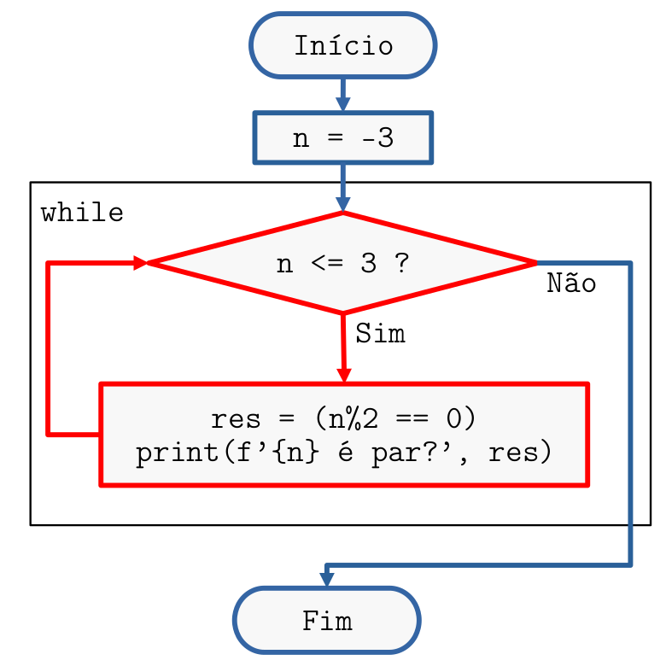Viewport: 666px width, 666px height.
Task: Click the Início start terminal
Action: [343, 45]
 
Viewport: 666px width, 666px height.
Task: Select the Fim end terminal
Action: [327, 620]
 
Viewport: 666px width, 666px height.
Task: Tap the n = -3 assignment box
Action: [343, 137]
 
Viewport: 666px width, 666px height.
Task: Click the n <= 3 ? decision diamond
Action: [343, 263]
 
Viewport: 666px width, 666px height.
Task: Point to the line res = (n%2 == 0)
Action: [343, 418]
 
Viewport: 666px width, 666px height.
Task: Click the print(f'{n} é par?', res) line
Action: [343, 452]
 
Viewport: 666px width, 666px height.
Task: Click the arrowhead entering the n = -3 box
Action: [343, 103]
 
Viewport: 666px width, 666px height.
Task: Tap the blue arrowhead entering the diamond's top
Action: [343, 204]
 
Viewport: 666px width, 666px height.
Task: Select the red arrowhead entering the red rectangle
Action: [343, 374]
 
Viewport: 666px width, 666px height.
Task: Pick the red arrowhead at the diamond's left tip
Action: [140, 264]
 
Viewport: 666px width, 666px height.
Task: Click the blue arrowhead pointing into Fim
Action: [327, 578]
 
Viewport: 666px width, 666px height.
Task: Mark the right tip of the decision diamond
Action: [535, 263]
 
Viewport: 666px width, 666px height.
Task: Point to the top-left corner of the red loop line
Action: [49, 264]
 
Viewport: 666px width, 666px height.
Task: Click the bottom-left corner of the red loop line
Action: [49, 435]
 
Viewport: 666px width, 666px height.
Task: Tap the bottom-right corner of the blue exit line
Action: [630, 564]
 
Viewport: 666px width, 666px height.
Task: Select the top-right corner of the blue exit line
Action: [630, 264]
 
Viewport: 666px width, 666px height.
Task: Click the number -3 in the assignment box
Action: [377, 137]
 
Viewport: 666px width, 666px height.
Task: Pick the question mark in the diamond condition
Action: [401, 263]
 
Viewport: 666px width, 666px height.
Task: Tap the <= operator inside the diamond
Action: [327, 263]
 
